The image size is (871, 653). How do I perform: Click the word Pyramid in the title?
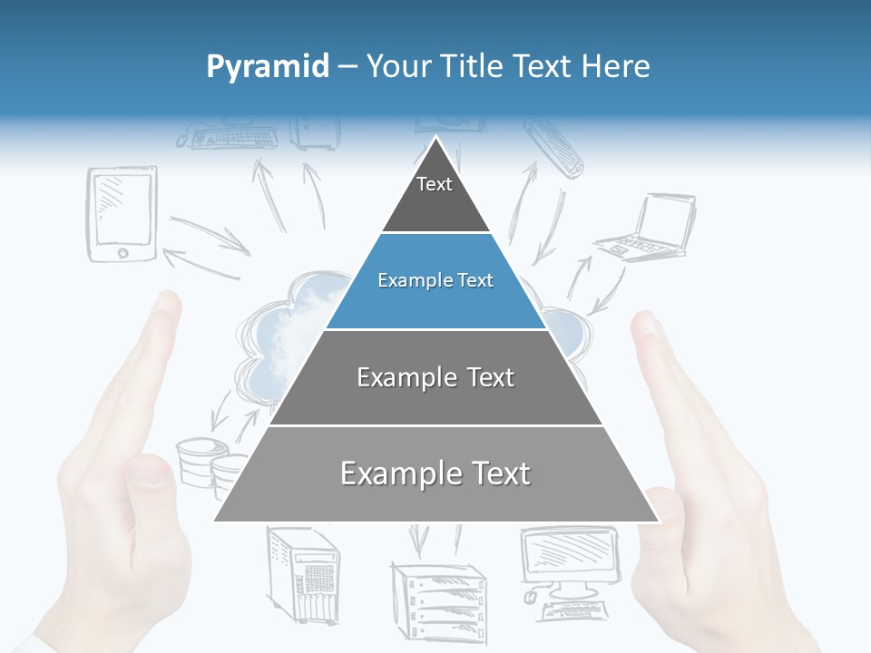tap(268, 66)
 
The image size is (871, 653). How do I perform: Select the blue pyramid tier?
tap(435, 281)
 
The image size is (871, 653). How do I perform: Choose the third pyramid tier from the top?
tap(435, 377)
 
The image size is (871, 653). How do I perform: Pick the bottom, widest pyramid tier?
tap(435, 474)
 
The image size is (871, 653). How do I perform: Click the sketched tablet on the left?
tap(122, 214)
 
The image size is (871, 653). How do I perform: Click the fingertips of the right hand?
tap(647, 326)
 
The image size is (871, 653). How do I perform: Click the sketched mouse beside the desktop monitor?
tap(530, 596)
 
